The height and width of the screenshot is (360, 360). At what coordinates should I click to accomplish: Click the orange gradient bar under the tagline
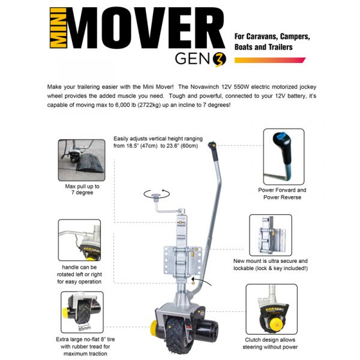(x=269, y=60)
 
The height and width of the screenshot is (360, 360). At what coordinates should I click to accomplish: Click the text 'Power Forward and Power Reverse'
(x=282, y=193)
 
